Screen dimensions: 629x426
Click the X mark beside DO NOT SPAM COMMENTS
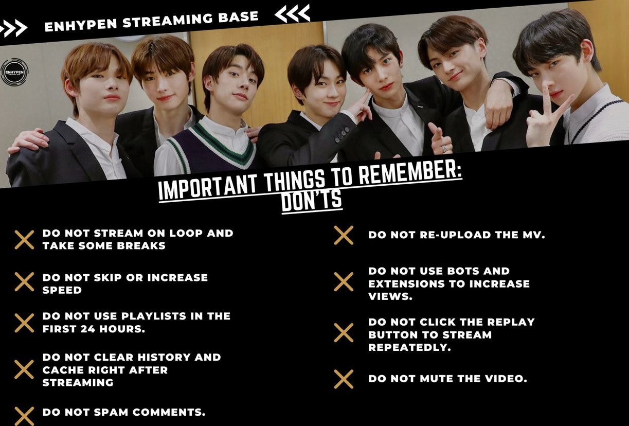pos(25,416)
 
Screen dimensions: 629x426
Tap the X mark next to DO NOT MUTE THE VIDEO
pos(344,379)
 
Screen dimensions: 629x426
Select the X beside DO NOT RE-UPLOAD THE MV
pos(344,235)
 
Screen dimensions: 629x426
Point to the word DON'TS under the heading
pos(312,200)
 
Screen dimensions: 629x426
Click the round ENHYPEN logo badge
pos(14,72)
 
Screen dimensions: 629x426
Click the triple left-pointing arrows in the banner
pos(292,13)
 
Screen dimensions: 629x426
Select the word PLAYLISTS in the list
pos(154,316)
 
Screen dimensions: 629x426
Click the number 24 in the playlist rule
pos(87,329)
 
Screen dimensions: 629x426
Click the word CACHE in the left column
pos(63,370)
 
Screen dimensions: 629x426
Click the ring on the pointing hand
pos(445,148)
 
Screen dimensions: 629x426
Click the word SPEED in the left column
pos(62,290)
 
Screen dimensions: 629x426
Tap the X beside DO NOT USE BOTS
pos(344,281)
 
